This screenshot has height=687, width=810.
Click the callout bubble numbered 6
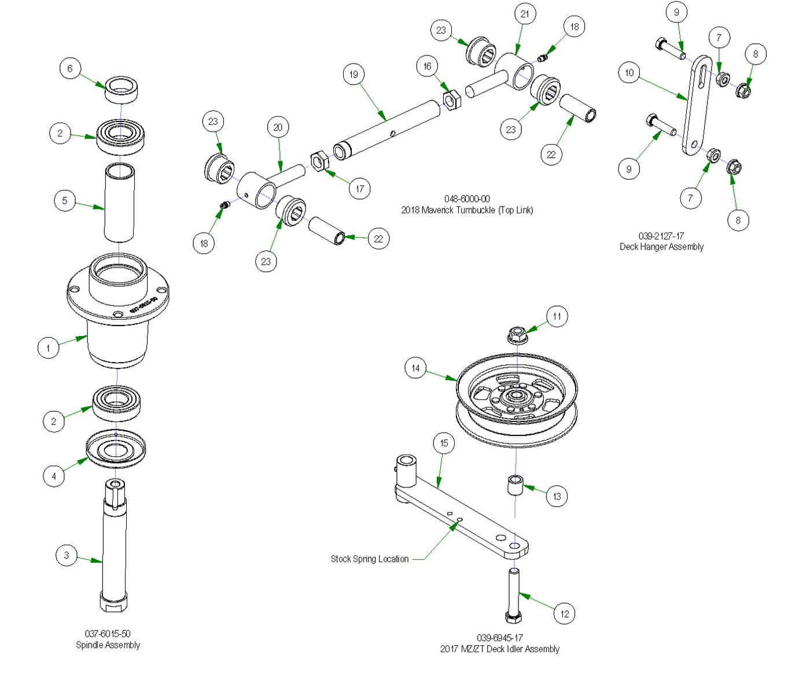(70, 68)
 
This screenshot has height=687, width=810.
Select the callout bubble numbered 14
(415, 368)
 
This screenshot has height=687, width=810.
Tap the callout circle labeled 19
(354, 74)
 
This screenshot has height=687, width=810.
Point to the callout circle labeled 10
(629, 73)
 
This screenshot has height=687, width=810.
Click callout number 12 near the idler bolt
(565, 614)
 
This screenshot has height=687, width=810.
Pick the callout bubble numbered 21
(525, 14)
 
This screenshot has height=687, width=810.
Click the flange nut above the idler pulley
(517, 335)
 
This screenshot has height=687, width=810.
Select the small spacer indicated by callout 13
(515, 485)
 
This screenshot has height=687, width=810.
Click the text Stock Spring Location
(369, 559)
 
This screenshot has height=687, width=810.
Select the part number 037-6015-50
(108, 634)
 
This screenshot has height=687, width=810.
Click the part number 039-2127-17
(661, 236)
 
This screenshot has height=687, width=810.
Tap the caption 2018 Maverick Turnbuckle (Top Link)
(467, 210)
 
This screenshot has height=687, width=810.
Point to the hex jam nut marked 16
(451, 99)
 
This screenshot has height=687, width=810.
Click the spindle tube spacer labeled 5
(119, 202)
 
